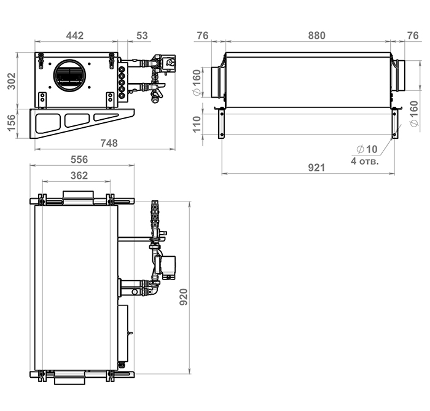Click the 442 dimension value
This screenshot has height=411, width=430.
click(x=74, y=36)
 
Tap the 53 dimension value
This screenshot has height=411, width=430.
click(x=142, y=36)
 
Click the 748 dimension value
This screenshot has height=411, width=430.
click(x=108, y=143)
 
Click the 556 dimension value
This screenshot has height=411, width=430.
click(x=79, y=159)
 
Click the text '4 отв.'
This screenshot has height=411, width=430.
click(x=364, y=162)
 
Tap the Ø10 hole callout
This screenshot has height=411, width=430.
click(x=367, y=149)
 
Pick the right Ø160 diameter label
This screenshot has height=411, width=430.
click(x=413, y=113)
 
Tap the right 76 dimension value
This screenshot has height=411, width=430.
click(x=413, y=36)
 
